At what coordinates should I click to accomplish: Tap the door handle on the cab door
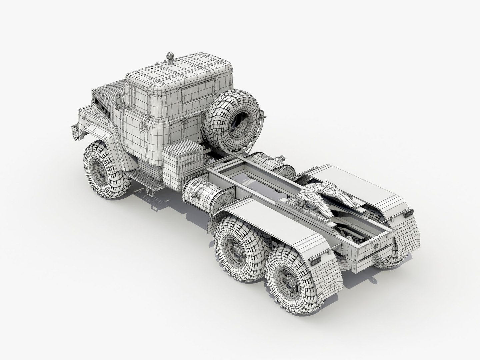144,127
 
